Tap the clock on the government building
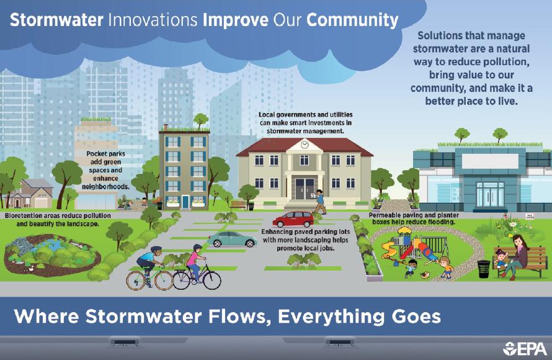(x=305, y=144)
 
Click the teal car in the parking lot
(x=231, y=238)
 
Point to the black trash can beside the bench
(x=484, y=268)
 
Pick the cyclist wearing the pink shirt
(x=195, y=264)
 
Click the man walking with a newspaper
(x=319, y=201)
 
